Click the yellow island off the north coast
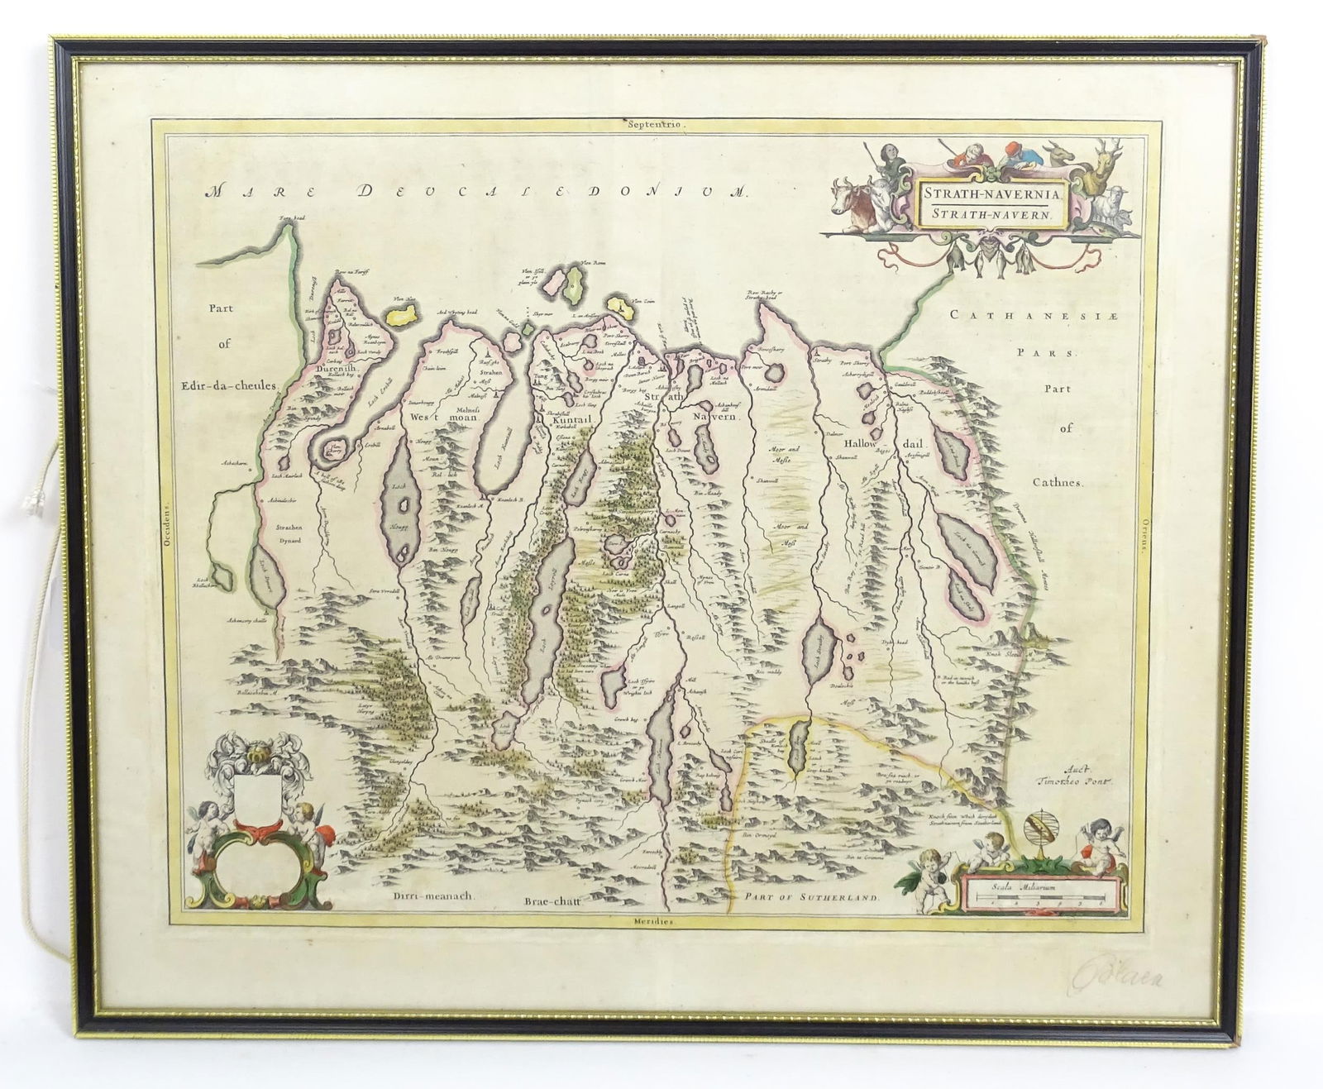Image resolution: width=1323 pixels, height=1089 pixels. coord(403,314)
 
